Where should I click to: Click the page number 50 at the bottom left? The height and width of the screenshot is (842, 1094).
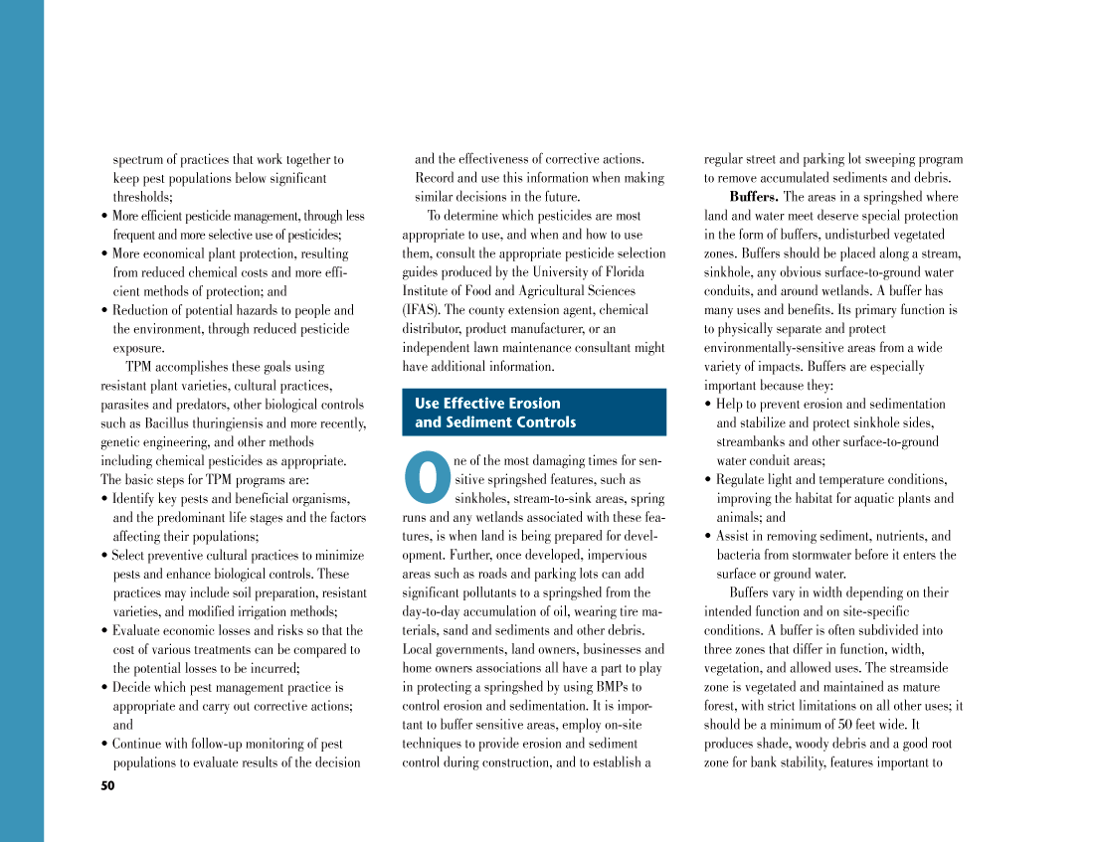[107, 786]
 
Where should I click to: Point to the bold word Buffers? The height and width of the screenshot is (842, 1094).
[754, 197]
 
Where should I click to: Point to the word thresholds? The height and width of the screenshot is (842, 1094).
[142, 197]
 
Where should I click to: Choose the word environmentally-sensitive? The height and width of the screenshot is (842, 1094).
[776, 348]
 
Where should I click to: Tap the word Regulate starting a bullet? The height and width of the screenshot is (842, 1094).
[745, 480]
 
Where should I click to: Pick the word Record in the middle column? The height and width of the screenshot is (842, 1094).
[435, 178]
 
